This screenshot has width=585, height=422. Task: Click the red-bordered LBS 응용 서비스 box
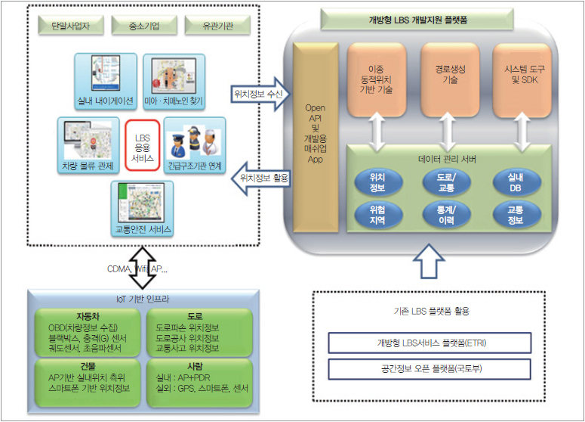tap(142, 145)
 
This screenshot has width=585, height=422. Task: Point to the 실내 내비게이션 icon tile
tap(106, 79)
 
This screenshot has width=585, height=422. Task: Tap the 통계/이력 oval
tap(451, 216)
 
